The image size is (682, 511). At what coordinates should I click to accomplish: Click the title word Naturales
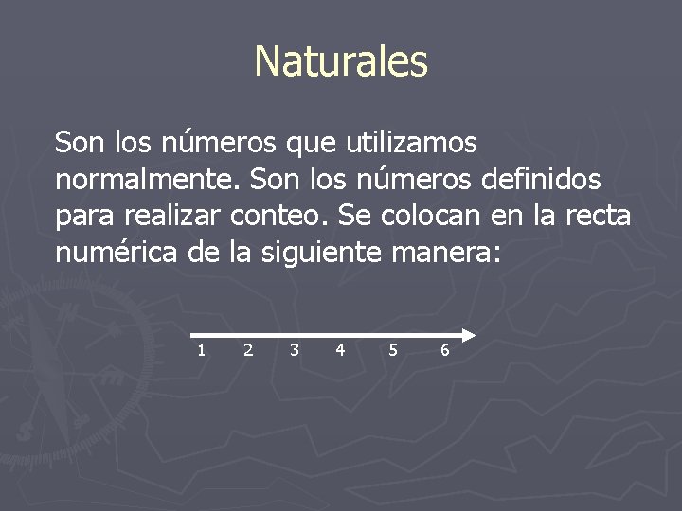pos(341,62)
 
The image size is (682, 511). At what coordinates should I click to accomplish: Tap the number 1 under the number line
pos(201,350)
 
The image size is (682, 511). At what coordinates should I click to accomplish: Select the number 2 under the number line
pos(248,350)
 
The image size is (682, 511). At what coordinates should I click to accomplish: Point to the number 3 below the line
pos(295,350)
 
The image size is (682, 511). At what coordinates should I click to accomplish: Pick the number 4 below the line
pos(340,350)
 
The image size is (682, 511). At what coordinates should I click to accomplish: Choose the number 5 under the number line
pos(393,350)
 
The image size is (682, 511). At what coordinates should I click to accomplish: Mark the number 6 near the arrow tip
pos(445,350)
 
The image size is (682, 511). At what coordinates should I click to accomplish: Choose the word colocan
pos(432,216)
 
